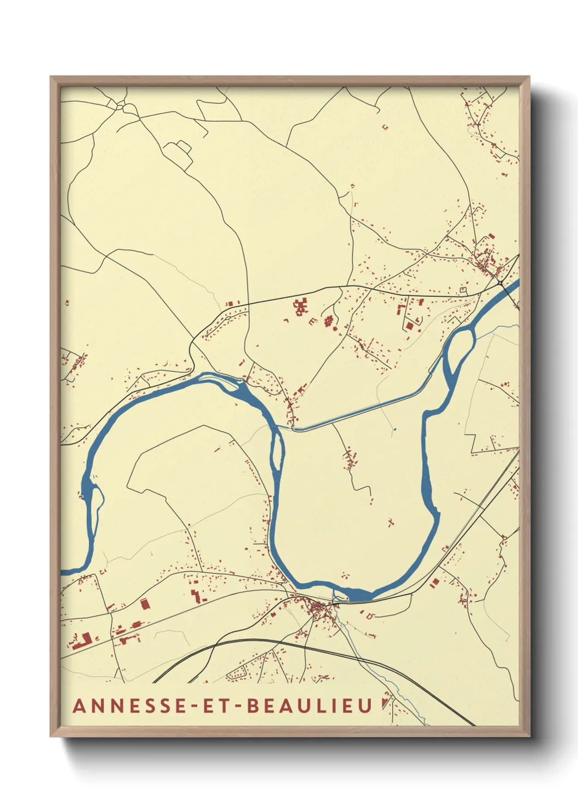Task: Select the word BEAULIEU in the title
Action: coord(309,705)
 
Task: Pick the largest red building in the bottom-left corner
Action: coord(82,640)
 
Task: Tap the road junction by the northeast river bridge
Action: coord(500,282)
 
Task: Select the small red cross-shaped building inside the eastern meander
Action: coord(391,522)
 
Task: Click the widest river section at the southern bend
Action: coord(358,594)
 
